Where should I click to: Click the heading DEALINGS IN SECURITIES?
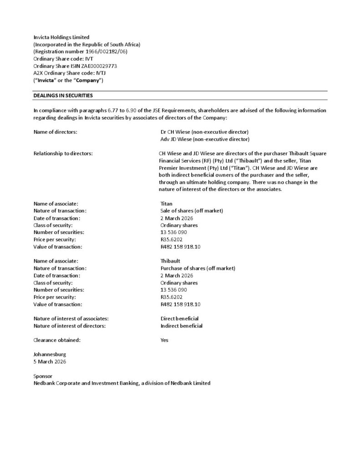click(63, 96)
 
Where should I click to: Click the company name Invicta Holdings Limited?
click(61, 37)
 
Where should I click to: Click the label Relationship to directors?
click(63, 153)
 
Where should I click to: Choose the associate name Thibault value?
click(170, 261)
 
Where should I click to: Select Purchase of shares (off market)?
click(198, 268)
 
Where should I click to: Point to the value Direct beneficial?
click(179, 319)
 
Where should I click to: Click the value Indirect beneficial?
click(181, 326)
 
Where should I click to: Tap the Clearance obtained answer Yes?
click(164, 340)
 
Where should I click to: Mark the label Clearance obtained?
click(57, 340)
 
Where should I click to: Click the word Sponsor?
click(43, 376)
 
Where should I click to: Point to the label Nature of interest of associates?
click(71, 319)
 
